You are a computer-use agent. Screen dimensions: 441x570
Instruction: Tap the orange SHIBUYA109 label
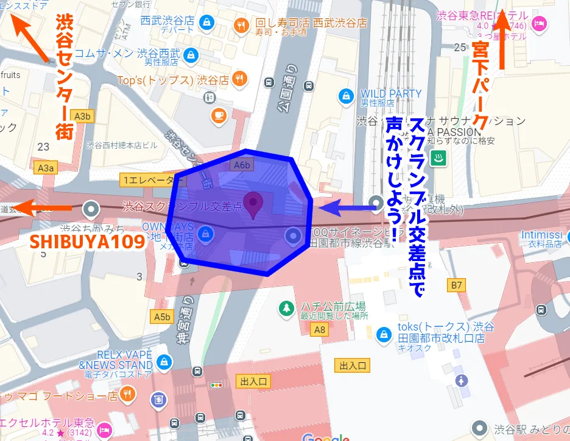coord(87,241)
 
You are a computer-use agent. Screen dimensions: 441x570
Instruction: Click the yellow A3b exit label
coord(82,115)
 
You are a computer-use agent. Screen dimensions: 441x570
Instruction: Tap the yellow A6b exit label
coord(241,165)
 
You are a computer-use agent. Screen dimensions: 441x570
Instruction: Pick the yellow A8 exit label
coord(318,330)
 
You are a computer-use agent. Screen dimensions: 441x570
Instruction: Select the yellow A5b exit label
coord(162,317)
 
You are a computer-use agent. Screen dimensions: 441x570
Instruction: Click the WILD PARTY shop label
coord(390,94)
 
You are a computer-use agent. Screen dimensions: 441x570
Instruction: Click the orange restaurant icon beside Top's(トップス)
coord(241,79)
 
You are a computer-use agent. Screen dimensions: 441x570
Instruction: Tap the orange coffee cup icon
coord(218,115)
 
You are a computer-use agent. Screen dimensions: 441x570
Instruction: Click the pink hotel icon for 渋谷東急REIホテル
coord(539,23)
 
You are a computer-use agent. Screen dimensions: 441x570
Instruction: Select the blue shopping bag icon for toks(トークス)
coord(384,334)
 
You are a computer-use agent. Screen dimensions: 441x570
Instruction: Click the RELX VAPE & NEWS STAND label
coord(116,360)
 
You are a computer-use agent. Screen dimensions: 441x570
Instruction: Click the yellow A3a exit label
coord(46,167)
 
